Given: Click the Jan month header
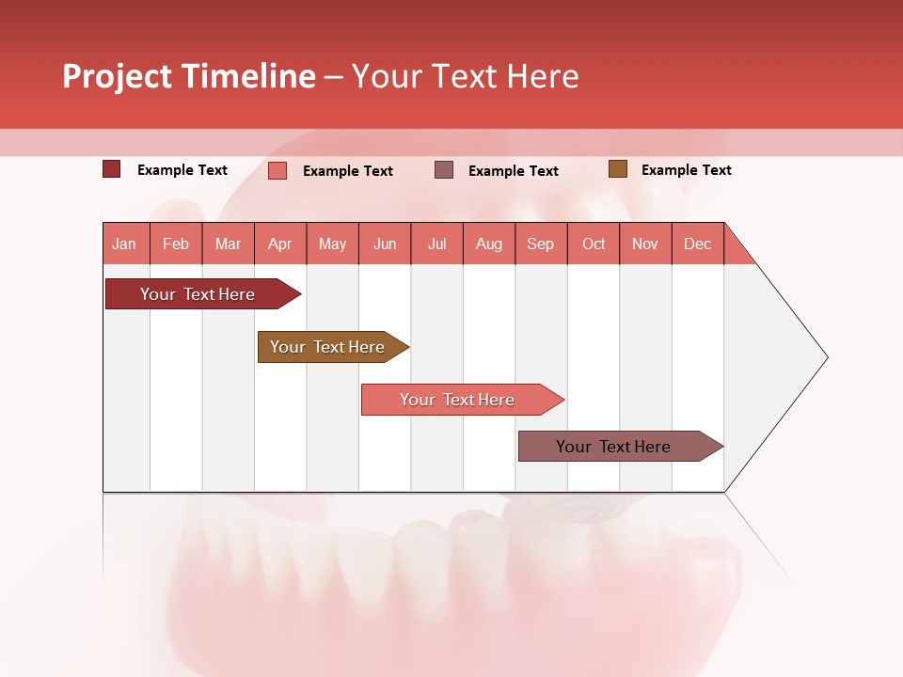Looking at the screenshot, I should point(124,244).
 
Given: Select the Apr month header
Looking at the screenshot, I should point(279,244).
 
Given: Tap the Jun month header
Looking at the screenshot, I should point(385,244).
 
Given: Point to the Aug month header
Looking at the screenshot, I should point(488,244).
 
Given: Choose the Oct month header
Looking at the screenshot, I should point(594,244).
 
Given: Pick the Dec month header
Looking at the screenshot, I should point(697,244).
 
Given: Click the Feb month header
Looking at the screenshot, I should point(176,244).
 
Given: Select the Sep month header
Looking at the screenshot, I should point(540,244).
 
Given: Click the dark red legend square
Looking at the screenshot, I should point(112,169).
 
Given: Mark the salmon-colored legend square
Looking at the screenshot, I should point(277,170).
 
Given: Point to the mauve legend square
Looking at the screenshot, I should point(444,170).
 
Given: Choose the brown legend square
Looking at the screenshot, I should point(617,169).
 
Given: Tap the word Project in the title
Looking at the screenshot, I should point(117,76).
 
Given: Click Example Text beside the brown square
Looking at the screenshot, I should point(686,170).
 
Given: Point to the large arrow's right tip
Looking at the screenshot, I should point(826,357).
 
